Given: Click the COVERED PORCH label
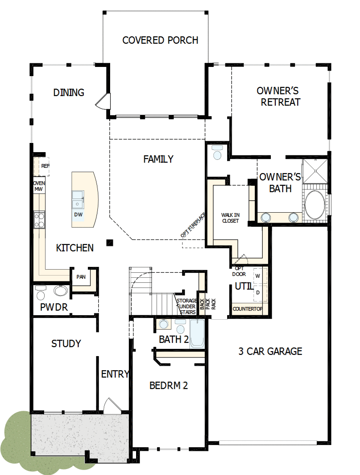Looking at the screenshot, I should pyautogui.click(x=160, y=40).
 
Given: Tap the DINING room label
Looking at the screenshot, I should pyautogui.click(x=69, y=92).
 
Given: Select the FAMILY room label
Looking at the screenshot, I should pyautogui.click(x=158, y=159).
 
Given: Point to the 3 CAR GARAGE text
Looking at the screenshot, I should pyautogui.click(x=270, y=351).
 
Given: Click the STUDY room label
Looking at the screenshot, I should pyautogui.click(x=66, y=343).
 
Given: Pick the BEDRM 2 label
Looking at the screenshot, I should pyautogui.click(x=168, y=386).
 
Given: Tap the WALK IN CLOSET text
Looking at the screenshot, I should pyautogui.click(x=230, y=218).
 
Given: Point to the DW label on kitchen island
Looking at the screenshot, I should pyautogui.click(x=78, y=215).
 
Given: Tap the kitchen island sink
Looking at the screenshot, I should pyautogui.click(x=78, y=199).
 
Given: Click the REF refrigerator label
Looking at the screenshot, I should pyautogui.click(x=45, y=166).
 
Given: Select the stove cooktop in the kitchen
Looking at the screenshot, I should pyautogui.click(x=39, y=220).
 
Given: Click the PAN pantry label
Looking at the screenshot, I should pyautogui.click(x=81, y=276).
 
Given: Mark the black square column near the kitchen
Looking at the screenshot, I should pyautogui.click(x=109, y=242).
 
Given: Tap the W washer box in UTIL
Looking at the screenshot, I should pyautogui.click(x=258, y=276).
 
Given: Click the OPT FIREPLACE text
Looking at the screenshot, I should pyautogui.click(x=193, y=224).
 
